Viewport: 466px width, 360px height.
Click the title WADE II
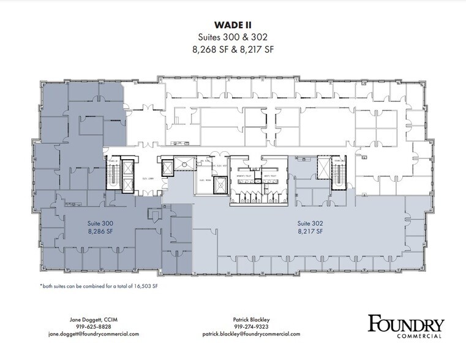point(233,26)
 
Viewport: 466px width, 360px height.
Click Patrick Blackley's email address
point(251,334)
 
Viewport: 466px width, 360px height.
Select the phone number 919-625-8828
point(94,327)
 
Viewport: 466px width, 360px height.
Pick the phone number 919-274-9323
point(251,327)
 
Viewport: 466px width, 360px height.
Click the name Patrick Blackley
point(251,320)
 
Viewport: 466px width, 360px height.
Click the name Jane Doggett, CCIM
point(94,320)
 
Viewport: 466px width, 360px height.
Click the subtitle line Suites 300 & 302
point(233,37)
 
